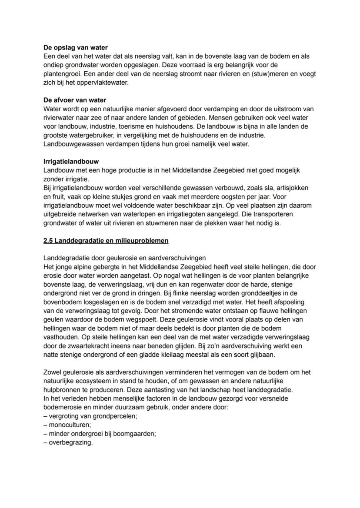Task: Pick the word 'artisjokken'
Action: click(x=292, y=188)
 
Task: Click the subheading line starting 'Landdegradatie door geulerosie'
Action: click(x=125, y=258)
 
